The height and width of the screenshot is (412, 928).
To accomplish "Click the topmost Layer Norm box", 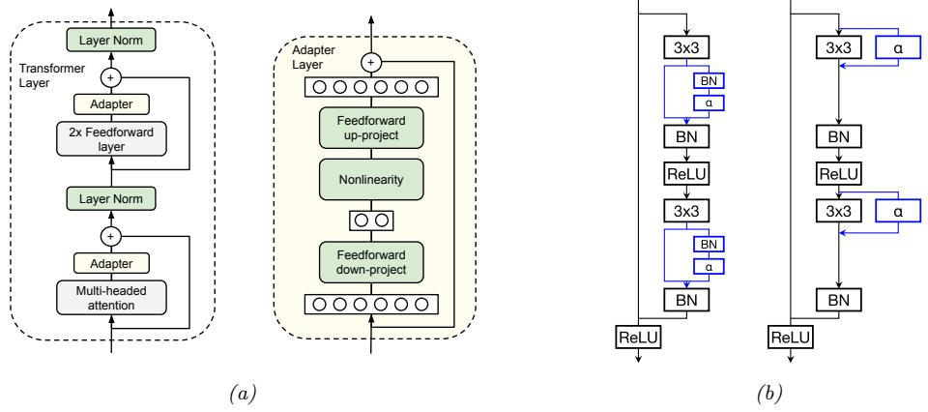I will click(x=111, y=41).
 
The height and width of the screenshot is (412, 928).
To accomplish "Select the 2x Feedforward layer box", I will click(x=111, y=138).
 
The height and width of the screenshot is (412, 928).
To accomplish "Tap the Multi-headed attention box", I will click(x=111, y=298).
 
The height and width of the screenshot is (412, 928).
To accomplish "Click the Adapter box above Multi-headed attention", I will click(x=111, y=262).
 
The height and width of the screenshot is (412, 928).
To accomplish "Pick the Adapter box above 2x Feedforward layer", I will click(x=111, y=103).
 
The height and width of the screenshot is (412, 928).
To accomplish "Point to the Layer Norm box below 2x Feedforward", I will click(x=111, y=199).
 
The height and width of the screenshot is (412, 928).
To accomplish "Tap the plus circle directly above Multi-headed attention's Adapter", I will click(x=111, y=234).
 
